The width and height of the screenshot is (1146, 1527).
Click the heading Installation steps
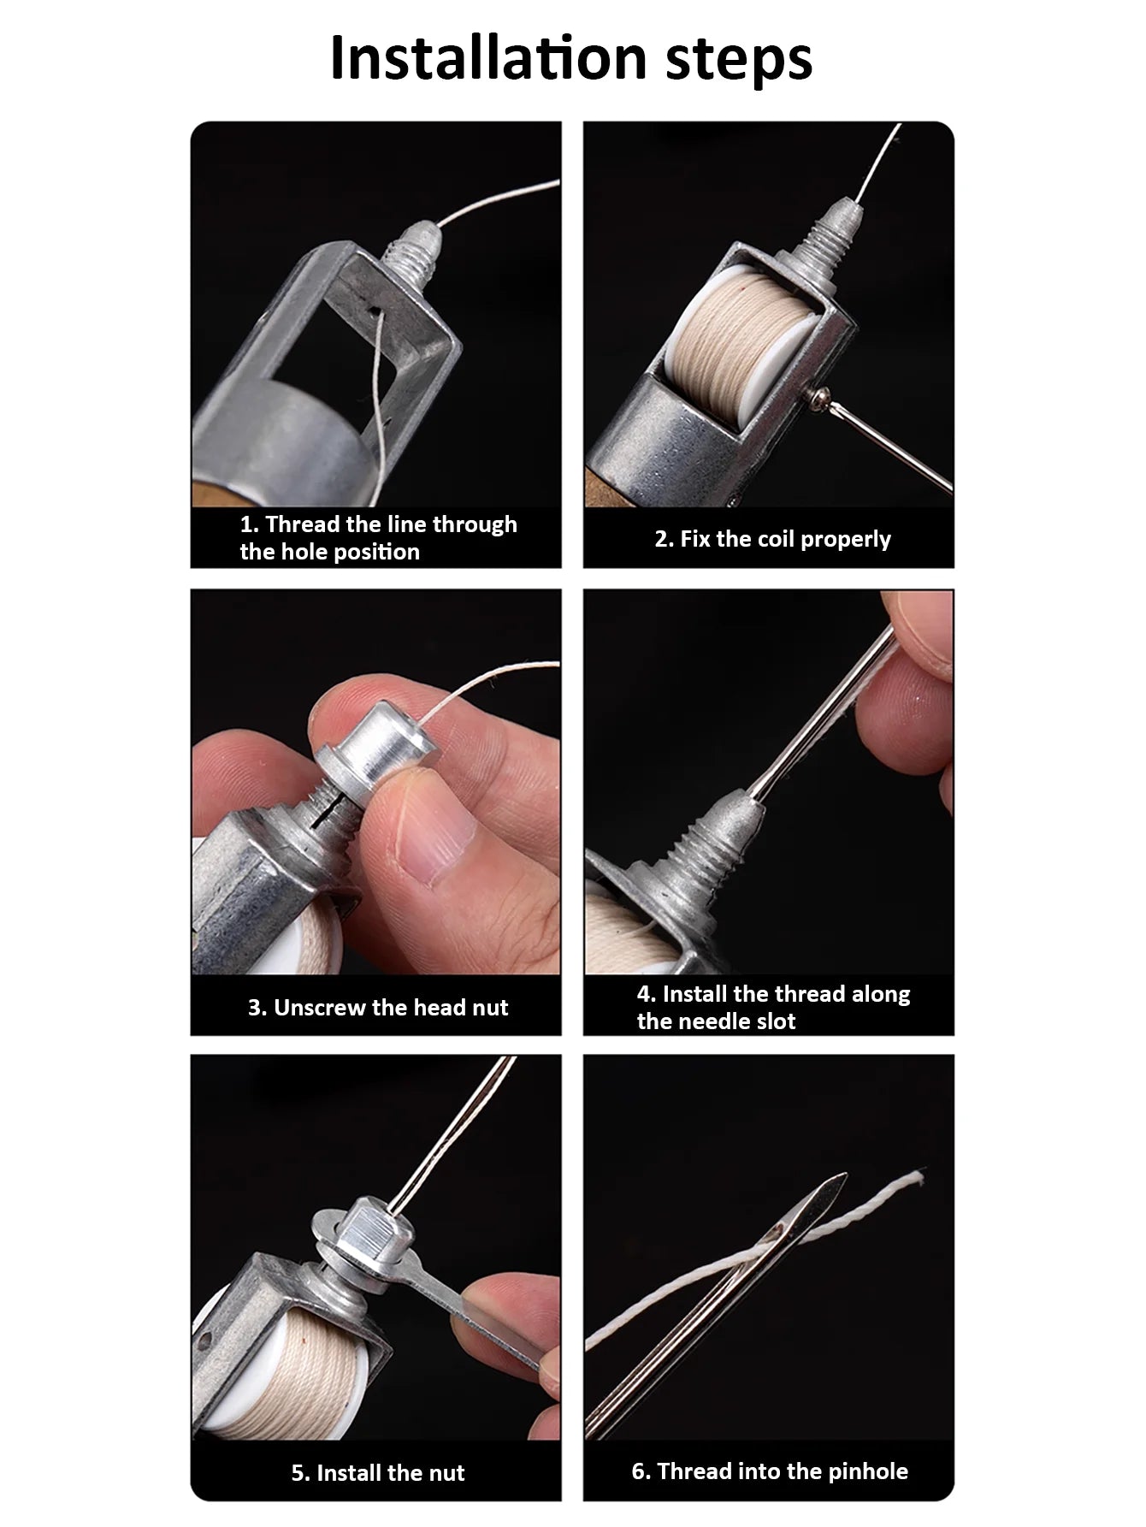(x=570, y=58)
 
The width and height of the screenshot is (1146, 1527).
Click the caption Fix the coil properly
(x=772, y=539)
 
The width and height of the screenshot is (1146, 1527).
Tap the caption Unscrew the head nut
(x=378, y=1007)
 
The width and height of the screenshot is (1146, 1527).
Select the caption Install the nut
(x=378, y=1472)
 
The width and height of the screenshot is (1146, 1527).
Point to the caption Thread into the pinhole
(x=770, y=1471)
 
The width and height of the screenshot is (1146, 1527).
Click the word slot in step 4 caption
(x=775, y=1021)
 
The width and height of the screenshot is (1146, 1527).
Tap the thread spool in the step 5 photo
(x=282, y=1369)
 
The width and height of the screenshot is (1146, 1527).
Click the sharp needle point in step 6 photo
(x=842, y=1179)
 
